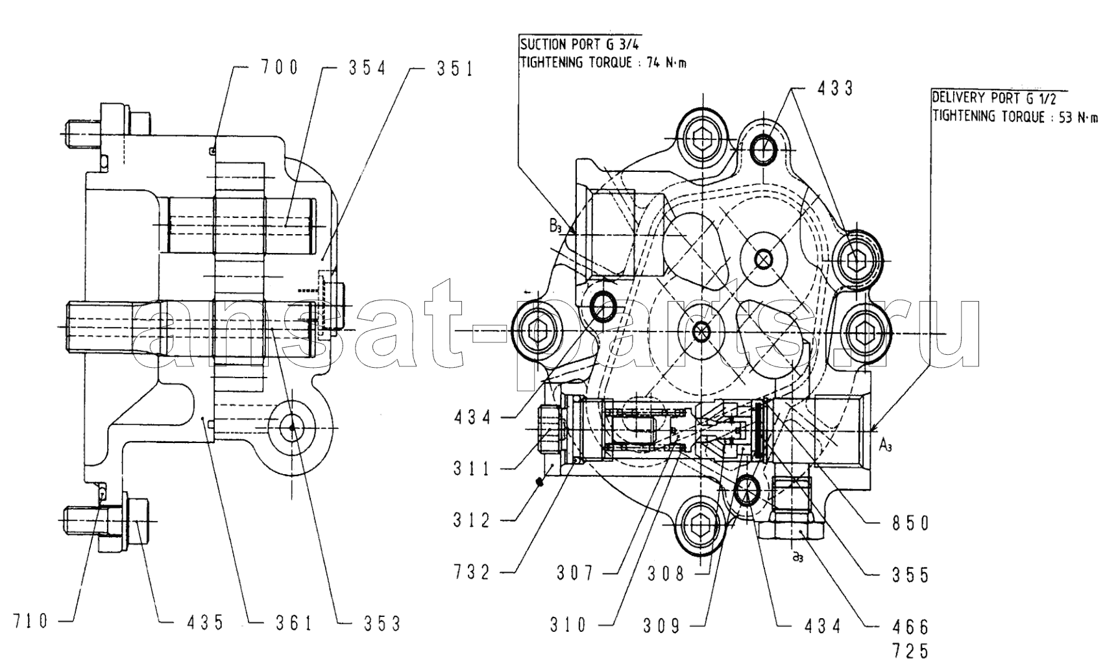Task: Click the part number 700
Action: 280,67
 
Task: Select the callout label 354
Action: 367,67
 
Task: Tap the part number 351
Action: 455,69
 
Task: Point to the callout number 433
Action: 834,88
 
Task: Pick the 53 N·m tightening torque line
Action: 1015,117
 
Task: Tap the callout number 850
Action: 910,523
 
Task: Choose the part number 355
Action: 910,575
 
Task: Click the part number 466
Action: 910,627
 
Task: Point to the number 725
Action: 910,650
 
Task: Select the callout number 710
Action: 30,621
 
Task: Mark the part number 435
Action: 205,623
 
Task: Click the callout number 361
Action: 294,623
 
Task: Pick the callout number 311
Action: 472,468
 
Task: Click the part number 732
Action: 472,572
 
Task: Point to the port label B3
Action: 555,226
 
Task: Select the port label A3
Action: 885,445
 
